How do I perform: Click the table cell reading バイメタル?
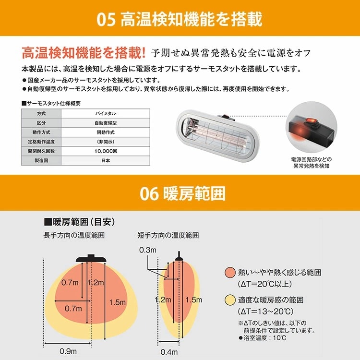pyautogui.click(x=106, y=113)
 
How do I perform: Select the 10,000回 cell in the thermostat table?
pyautogui.click(x=106, y=151)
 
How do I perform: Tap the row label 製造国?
pyautogui.click(x=41, y=160)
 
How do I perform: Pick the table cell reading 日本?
pyautogui.click(x=106, y=160)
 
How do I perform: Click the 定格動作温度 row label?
pyautogui.click(x=41, y=142)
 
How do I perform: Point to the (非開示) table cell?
pyautogui.click(x=106, y=142)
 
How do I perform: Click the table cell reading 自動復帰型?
pyautogui.click(x=106, y=123)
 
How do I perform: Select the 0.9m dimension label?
pyautogui.click(x=68, y=351)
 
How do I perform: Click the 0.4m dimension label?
pyautogui.click(x=169, y=352)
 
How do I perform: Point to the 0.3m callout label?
pyautogui.click(x=148, y=250)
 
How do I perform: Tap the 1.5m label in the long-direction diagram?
pyautogui.click(x=117, y=302)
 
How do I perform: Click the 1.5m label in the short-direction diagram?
pyautogui.click(x=194, y=300)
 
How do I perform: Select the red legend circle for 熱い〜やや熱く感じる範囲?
pyautogui.click(x=230, y=273)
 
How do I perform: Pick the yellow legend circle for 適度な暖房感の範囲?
pyautogui.click(x=230, y=300)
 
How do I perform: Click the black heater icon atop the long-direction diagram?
pyautogui.click(x=91, y=259)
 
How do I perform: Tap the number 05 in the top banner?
pyautogui.click(x=106, y=20)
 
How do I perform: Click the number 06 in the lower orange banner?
pyautogui.click(x=149, y=193)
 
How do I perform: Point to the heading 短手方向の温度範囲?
pyautogui.click(x=168, y=235)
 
